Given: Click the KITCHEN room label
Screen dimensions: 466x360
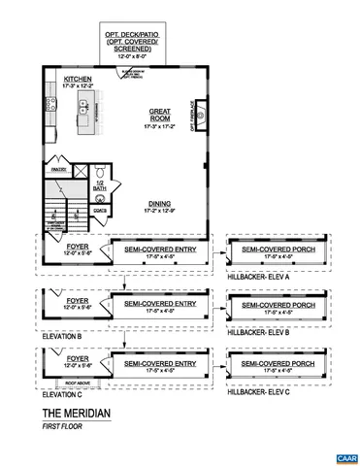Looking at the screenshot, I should pyautogui.click(x=79, y=80).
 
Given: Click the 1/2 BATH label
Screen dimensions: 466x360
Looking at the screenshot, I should pyautogui.click(x=101, y=184).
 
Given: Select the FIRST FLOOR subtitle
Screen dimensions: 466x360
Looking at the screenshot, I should pyautogui.click(x=61, y=426).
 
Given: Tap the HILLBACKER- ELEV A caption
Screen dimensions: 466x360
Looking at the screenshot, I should pyautogui.click(x=258, y=277).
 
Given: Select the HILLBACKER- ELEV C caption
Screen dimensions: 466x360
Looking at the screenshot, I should pyautogui.click(x=258, y=392).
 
